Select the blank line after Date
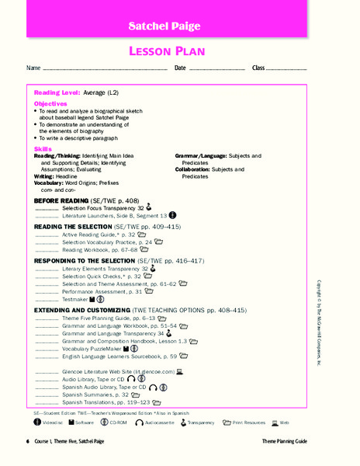[216, 70]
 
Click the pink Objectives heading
[50, 103]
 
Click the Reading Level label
[57, 92]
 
